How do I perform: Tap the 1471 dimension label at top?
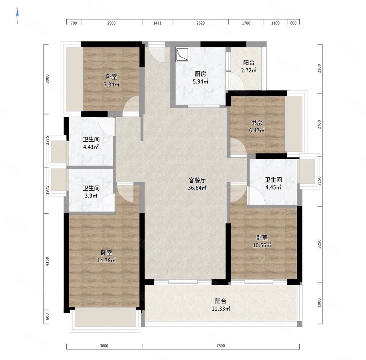157,23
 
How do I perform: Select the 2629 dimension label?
200,23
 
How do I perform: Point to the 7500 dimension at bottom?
221,346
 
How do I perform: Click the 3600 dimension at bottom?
104,346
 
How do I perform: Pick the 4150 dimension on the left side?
47,262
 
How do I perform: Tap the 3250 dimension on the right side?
319,244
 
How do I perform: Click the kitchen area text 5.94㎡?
200,81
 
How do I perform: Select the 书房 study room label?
257,123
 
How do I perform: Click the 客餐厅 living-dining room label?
197,180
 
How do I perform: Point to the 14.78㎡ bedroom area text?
106,261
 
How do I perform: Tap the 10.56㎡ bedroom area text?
262,245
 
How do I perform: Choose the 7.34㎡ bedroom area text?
111,84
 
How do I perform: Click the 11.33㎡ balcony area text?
221,309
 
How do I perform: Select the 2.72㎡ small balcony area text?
249,70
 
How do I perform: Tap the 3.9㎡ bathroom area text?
91,196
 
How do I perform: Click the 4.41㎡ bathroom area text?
91,147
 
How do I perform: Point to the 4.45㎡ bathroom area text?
273,187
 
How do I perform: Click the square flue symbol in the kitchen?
182,55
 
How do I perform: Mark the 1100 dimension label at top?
275,23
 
